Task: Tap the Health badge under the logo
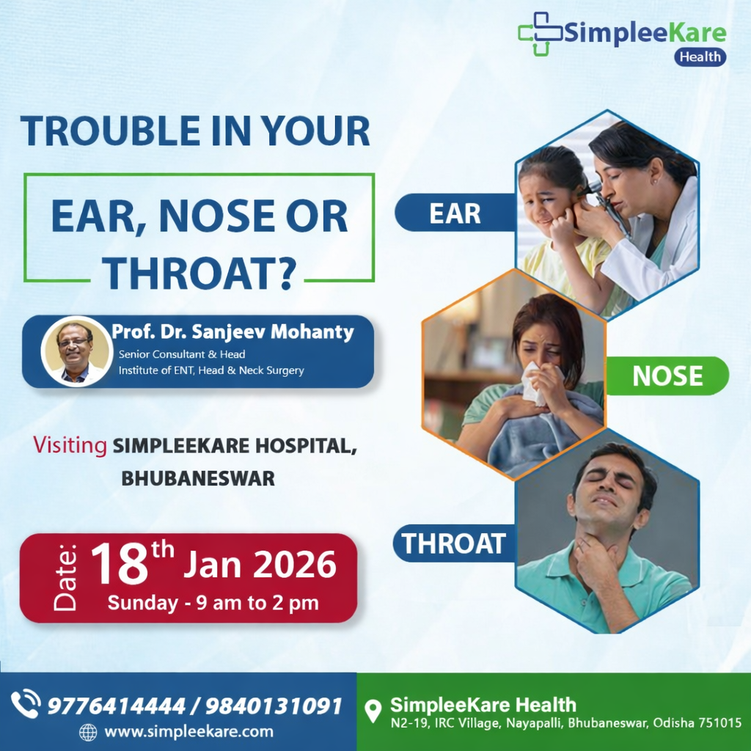(700, 57)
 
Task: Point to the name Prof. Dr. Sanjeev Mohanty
(232, 332)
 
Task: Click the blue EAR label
(455, 213)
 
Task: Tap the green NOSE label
(667, 376)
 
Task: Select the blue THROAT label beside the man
(454, 543)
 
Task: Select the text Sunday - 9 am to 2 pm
(213, 604)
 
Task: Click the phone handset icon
(26, 704)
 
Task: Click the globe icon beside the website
(88, 732)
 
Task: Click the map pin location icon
(373, 711)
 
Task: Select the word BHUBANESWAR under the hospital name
(198, 479)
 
